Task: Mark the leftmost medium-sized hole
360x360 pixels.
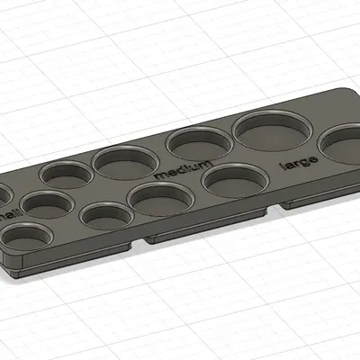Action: (x=125, y=162)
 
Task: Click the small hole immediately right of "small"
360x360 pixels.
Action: (x=47, y=204)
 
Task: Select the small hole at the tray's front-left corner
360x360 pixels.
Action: (x=24, y=237)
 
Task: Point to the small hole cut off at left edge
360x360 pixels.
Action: (x=3, y=194)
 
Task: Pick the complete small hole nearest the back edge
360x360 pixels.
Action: (x=66, y=174)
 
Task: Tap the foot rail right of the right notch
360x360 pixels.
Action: (x=319, y=197)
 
